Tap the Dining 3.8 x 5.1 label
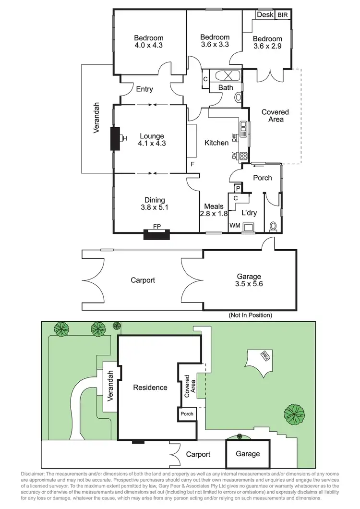[155, 204]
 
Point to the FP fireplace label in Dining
[156, 226]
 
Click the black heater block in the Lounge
[116, 139]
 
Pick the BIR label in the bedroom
[283, 15]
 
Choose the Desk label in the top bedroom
[265, 15]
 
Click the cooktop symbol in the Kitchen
[243, 156]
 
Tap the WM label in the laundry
[235, 225]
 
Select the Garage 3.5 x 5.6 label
[249, 280]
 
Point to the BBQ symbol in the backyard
[264, 356]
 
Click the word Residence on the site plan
[150, 388]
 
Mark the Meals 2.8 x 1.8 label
[213, 210]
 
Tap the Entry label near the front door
[144, 89]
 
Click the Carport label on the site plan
[198, 454]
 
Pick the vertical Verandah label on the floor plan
[96, 118]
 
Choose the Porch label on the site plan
[187, 414]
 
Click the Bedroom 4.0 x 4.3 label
[148, 42]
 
